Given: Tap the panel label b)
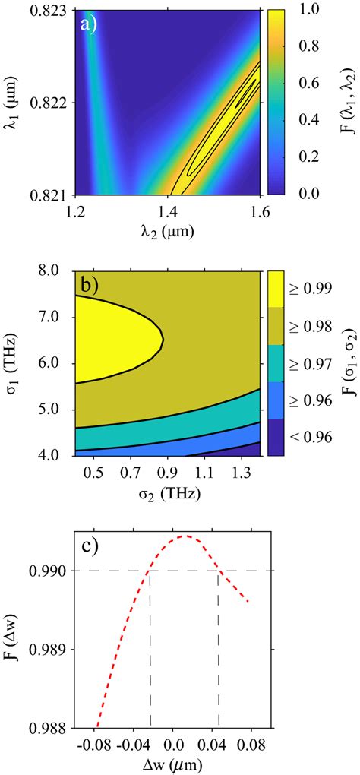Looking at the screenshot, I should point(89,284).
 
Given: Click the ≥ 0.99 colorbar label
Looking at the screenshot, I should point(311,289).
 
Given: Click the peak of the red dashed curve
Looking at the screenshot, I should point(185,536).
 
